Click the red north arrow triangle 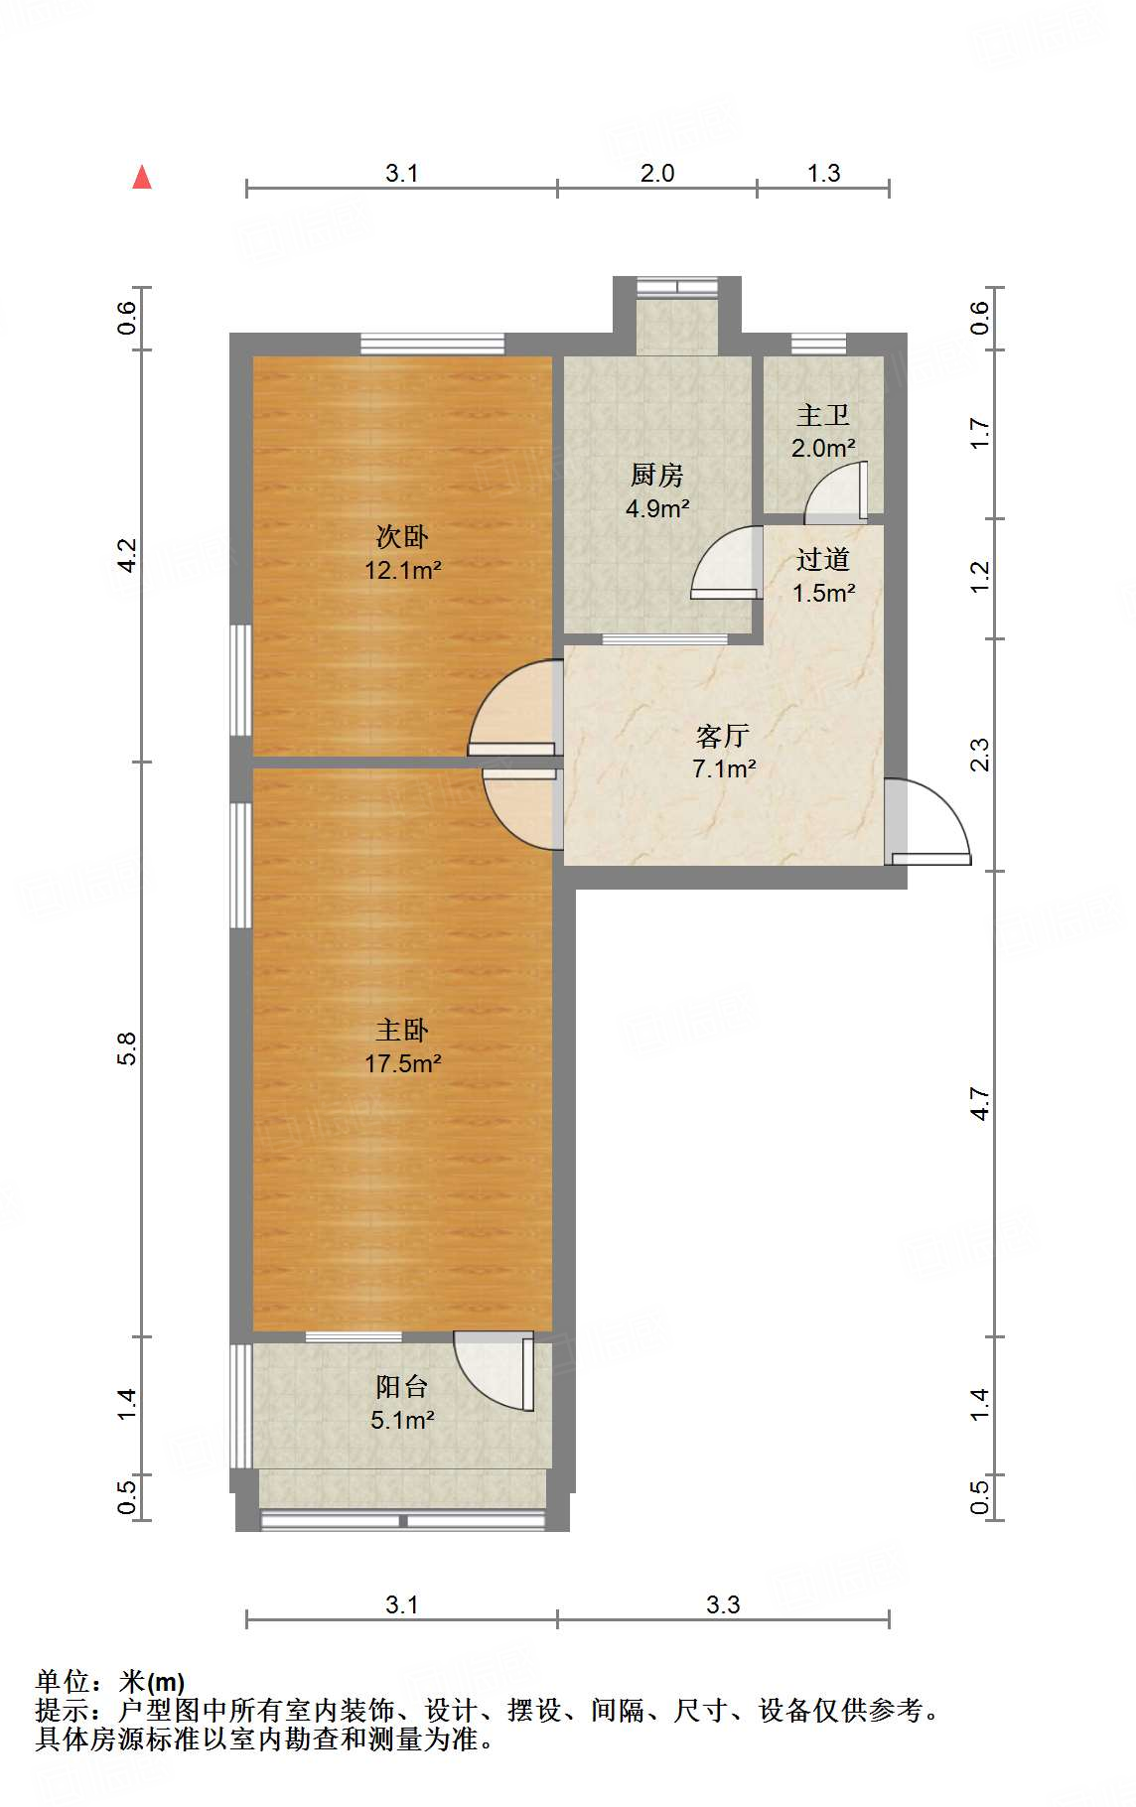[x=142, y=178]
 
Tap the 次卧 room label [x=402, y=537]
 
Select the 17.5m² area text [x=402, y=1063]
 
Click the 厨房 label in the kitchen [x=656, y=476]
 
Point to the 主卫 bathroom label [x=822, y=416]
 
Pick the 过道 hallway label [x=822, y=560]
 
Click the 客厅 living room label [x=722, y=736]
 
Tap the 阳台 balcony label [x=401, y=1386]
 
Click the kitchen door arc [x=724, y=563]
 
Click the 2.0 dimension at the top [x=656, y=174]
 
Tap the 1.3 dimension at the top [x=823, y=174]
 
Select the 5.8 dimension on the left [x=126, y=1048]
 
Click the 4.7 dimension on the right [x=980, y=1104]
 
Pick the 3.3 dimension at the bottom [x=723, y=1605]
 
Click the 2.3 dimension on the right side [x=980, y=755]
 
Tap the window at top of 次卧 [x=432, y=345]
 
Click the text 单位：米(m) [x=109, y=1682]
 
